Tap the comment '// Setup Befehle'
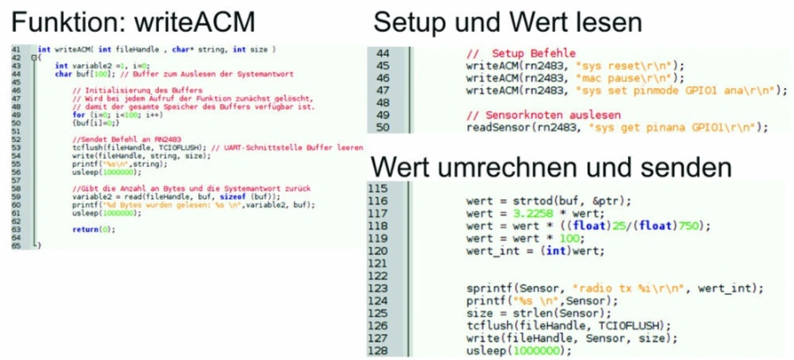click(x=521, y=53)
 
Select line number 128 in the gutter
click(x=378, y=351)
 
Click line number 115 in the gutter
click(x=378, y=188)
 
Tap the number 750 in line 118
click(x=689, y=225)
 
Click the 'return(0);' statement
click(x=94, y=230)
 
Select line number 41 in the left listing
click(x=17, y=49)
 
